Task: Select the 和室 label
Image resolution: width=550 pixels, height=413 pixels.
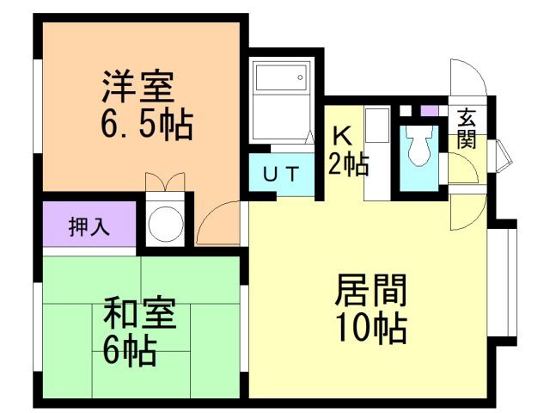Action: (x=141, y=315)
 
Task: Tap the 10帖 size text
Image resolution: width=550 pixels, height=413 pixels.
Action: (x=370, y=330)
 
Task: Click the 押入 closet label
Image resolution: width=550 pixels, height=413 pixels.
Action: (x=89, y=228)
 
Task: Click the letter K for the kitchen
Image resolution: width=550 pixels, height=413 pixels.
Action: (x=340, y=135)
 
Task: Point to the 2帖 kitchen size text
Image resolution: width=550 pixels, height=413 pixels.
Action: (x=347, y=163)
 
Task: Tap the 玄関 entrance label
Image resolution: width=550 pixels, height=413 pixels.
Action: (x=467, y=129)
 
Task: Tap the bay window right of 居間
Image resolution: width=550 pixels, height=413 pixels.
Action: (x=507, y=280)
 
